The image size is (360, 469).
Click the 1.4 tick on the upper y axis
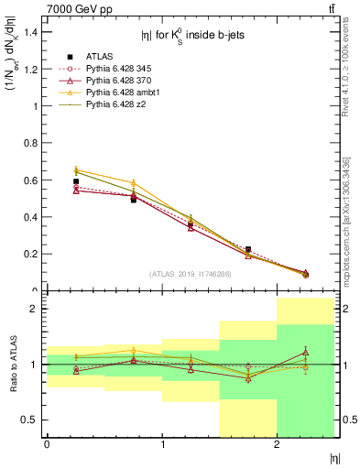(x=31, y=32)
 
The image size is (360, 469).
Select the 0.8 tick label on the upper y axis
(x=31, y=143)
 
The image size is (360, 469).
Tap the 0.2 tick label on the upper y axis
(x=31, y=254)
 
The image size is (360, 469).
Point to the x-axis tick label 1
(x=162, y=444)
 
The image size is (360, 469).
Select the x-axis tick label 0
(x=47, y=444)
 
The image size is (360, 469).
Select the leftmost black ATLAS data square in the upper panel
(x=76, y=181)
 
